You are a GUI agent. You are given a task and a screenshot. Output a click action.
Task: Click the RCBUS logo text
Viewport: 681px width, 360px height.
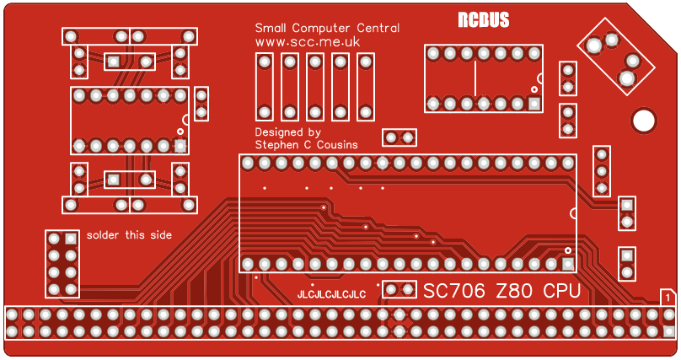click(483, 21)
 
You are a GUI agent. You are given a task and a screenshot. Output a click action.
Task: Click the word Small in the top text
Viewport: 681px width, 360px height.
click(271, 28)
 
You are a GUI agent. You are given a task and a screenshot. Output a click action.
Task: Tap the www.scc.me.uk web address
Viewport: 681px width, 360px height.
click(308, 41)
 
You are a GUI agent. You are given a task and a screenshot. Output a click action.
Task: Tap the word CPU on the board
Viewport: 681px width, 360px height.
click(561, 291)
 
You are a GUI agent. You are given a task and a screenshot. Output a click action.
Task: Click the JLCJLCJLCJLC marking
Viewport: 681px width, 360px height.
click(331, 294)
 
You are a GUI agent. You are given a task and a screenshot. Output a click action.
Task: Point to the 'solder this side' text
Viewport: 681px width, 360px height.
click(129, 235)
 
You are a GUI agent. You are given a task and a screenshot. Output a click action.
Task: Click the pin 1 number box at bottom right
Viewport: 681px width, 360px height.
click(668, 297)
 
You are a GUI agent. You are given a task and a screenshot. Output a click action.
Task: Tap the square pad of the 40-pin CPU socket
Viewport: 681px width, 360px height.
click(568, 264)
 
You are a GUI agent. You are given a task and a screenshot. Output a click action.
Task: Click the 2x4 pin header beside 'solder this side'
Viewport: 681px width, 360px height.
click(62, 263)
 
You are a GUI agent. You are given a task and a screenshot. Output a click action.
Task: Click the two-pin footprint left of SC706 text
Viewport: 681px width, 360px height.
click(399, 289)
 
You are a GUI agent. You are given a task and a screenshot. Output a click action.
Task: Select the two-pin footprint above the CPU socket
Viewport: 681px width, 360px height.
click(399, 137)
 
